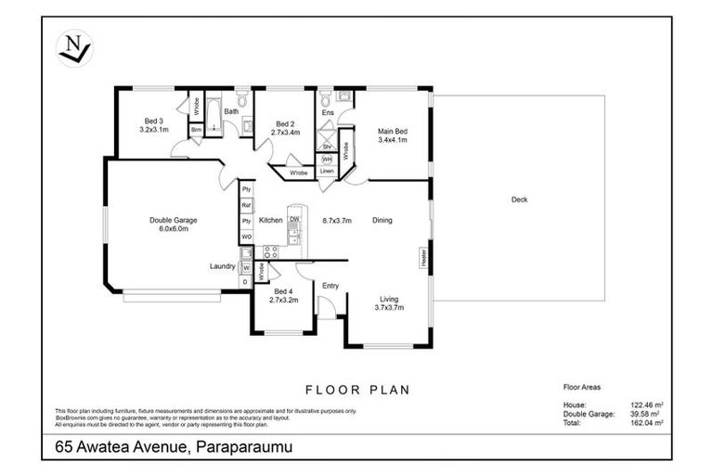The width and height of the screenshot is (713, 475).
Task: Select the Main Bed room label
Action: point(393,131)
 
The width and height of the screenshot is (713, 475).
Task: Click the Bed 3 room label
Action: point(154,121)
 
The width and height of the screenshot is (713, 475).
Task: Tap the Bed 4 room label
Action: point(283,290)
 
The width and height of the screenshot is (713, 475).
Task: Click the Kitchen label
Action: point(270,220)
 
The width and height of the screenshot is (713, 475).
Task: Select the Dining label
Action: point(382,220)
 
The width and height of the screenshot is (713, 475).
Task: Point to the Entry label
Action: point(331,286)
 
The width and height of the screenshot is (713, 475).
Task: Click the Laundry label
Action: point(222,266)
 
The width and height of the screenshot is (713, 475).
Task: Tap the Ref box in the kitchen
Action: point(247,205)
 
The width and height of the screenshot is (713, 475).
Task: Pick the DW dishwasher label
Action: point(293,219)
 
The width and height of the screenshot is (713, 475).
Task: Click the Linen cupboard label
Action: point(327,172)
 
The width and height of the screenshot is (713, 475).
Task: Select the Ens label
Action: point(327,113)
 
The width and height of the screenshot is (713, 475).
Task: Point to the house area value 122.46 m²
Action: point(644,404)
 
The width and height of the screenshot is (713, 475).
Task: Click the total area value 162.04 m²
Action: point(644,422)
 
